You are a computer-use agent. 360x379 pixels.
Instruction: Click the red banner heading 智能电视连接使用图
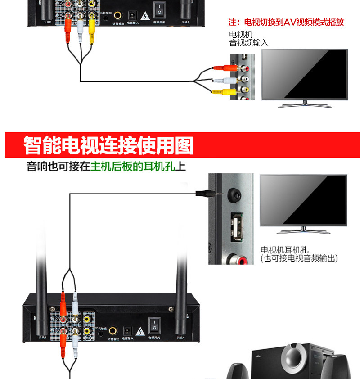[x=108, y=145]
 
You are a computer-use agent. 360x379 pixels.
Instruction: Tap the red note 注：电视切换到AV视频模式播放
[x=286, y=22]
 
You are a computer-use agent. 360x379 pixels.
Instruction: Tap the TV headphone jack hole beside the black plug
[x=235, y=194]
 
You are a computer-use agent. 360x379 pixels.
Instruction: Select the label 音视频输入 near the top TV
[x=249, y=43]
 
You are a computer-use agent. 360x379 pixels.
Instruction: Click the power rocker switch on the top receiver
[x=158, y=9]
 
